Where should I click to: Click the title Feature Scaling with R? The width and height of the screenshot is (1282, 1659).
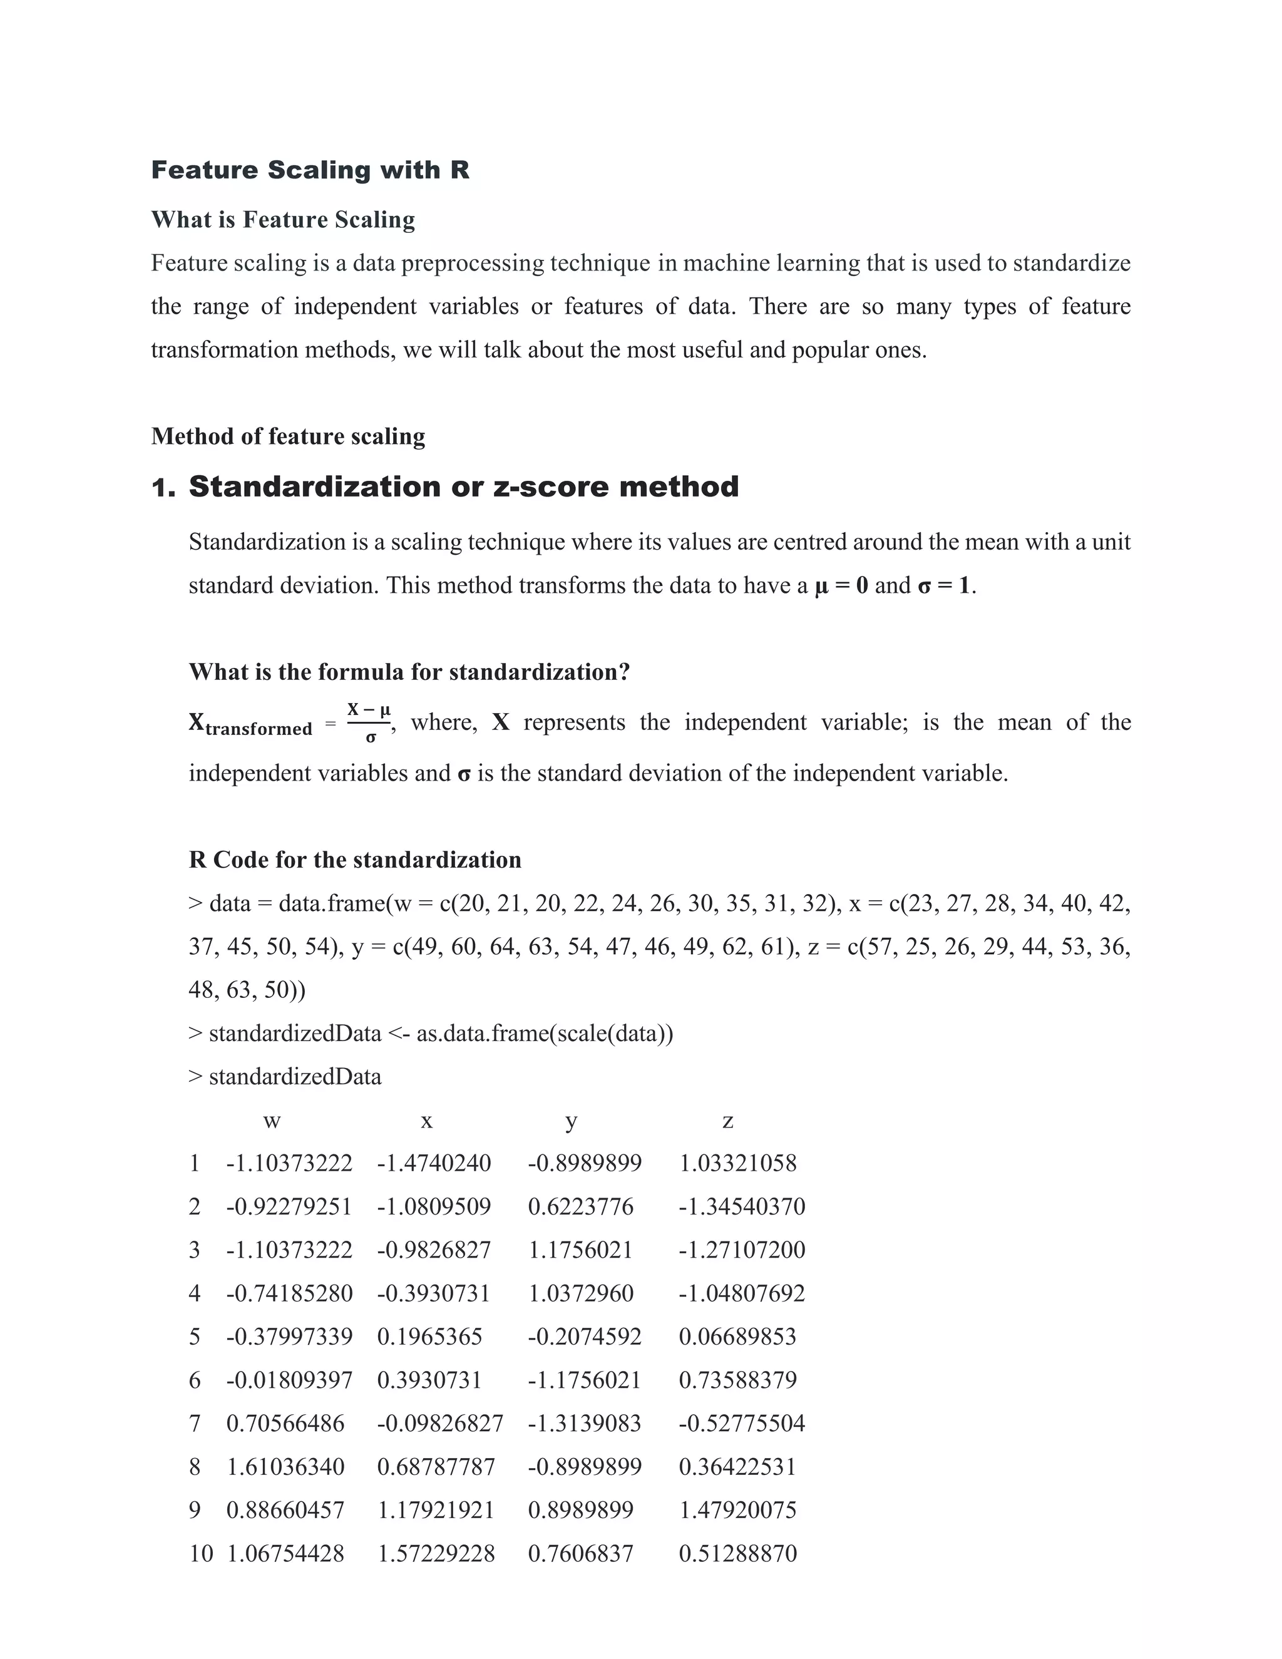[310, 170]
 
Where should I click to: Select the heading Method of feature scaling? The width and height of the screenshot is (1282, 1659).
[288, 436]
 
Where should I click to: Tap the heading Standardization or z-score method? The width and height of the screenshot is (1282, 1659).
[463, 486]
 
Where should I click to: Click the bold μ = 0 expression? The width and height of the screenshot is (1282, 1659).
[841, 586]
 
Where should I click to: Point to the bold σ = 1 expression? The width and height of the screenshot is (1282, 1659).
[944, 586]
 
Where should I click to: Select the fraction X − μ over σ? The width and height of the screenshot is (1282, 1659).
[369, 722]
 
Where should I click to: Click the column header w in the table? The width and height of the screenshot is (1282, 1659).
[271, 1121]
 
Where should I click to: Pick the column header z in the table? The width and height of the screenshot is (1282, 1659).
[727, 1121]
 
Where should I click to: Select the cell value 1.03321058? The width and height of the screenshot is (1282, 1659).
[737, 1163]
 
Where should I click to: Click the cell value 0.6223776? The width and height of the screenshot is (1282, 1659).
[580, 1206]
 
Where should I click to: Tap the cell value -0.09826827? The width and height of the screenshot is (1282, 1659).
[439, 1423]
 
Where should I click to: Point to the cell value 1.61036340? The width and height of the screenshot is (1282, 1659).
[285, 1466]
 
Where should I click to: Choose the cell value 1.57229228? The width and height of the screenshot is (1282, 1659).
[436, 1553]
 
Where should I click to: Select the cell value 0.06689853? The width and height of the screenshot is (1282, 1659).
[737, 1336]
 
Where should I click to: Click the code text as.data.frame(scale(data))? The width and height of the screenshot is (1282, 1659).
[545, 1033]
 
